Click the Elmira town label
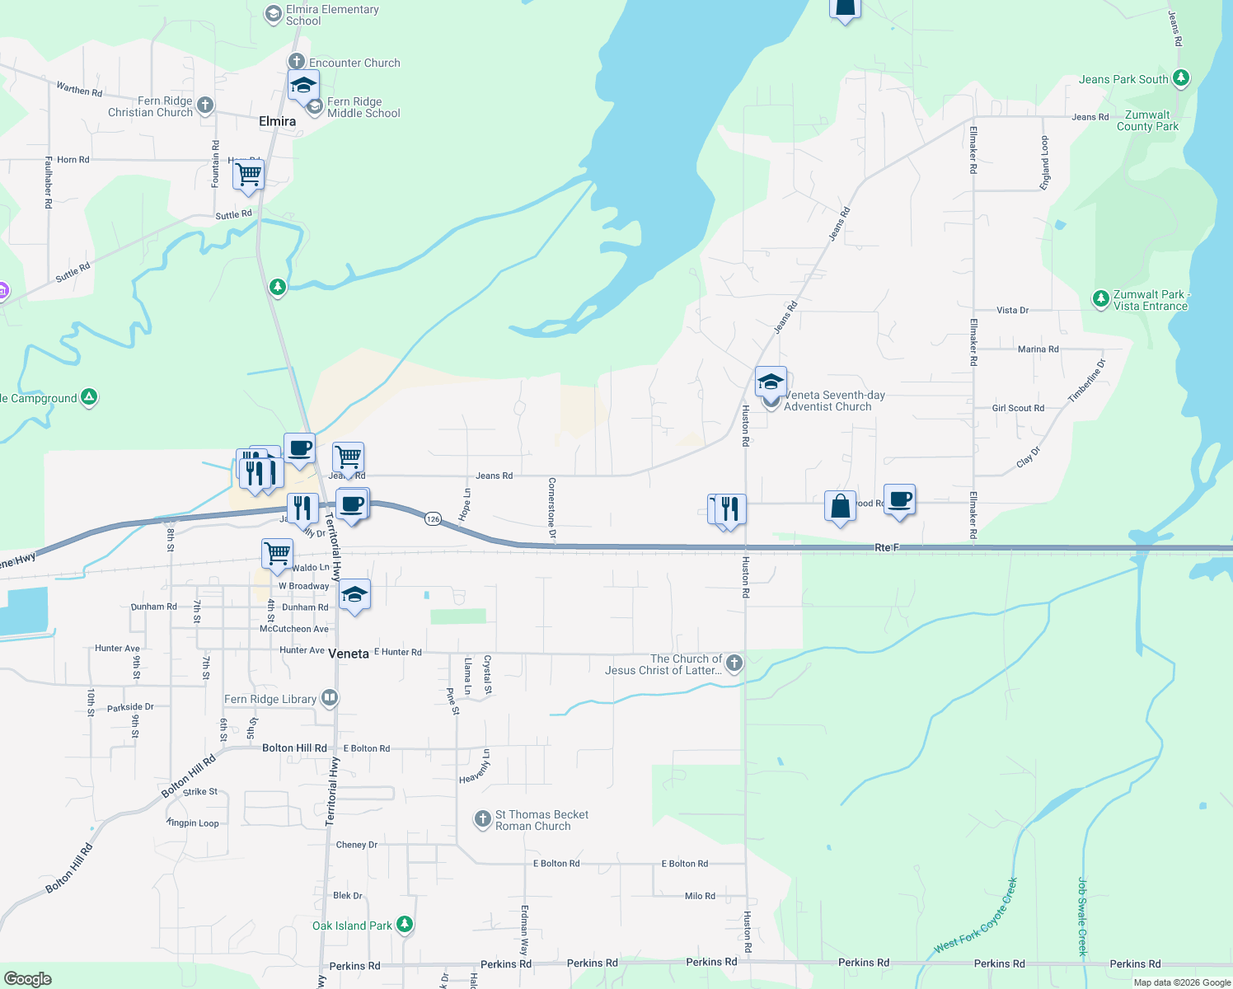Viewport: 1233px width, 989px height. pyautogui.click(x=277, y=121)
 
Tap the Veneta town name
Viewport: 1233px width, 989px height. pyautogui.click(x=349, y=654)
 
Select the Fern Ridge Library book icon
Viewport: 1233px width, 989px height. pyautogui.click(x=330, y=698)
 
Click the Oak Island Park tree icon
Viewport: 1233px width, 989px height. pyautogui.click(x=404, y=925)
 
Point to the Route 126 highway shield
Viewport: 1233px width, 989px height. pyautogui.click(x=434, y=518)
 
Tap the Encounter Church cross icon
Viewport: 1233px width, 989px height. pyautogui.click(x=297, y=62)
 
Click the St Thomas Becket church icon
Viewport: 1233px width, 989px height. pyautogui.click(x=482, y=819)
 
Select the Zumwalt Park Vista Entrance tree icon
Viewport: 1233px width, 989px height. pyautogui.click(x=1100, y=299)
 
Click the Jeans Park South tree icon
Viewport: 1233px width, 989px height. pyautogui.click(x=1181, y=78)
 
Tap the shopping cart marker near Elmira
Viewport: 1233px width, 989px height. pyautogui.click(x=248, y=175)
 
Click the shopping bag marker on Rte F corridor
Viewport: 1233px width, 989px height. pyautogui.click(x=840, y=506)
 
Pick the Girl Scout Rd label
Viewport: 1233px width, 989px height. pyautogui.click(x=1018, y=408)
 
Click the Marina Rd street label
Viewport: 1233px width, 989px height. pyautogui.click(x=1038, y=349)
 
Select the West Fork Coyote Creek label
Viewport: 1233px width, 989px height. pyautogui.click(x=976, y=916)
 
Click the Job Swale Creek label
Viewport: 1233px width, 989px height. pyautogui.click(x=1083, y=916)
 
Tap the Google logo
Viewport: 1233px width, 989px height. pyautogui.click(x=28, y=978)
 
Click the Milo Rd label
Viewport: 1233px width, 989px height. pyautogui.click(x=700, y=896)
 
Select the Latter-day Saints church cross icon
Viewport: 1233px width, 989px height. pyautogui.click(x=734, y=663)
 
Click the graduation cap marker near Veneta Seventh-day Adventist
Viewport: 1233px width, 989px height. pyautogui.click(x=771, y=382)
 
